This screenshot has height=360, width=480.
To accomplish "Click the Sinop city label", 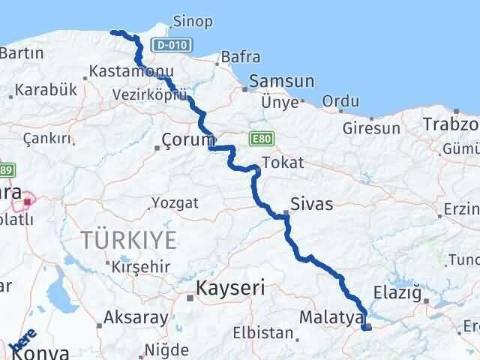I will point(193,21).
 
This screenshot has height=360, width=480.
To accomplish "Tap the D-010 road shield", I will point(168,46).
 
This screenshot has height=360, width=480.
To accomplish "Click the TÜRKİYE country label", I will point(130,240).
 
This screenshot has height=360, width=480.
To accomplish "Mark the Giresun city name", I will point(372,128).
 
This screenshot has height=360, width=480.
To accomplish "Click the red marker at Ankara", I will point(28,201).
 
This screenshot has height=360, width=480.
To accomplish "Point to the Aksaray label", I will point(136,318).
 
